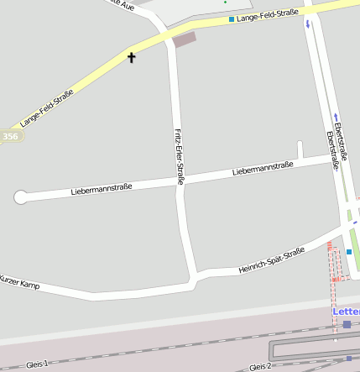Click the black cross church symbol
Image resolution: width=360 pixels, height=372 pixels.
[131, 57]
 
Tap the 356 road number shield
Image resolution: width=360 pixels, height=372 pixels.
[9, 136]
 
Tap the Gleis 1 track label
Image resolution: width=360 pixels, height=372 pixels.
[38, 364]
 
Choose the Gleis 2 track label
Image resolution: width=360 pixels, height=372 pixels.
[260, 367]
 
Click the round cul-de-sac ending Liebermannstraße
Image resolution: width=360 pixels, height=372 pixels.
[20, 197]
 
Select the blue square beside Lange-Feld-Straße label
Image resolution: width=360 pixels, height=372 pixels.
[232, 18]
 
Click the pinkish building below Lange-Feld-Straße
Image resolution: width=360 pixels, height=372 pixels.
[184, 39]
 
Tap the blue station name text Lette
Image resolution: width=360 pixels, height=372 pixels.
[347, 312]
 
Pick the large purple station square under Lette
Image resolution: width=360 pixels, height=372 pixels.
[347, 324]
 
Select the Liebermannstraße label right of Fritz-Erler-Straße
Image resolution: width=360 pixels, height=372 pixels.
[263, 168]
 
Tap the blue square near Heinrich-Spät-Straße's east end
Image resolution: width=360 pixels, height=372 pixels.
[349, 251]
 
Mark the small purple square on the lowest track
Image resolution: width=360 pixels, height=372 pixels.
[349, 359]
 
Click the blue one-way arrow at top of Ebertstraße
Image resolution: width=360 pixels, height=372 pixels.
[307, 24]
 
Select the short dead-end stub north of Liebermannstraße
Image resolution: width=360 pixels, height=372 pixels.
[300, 149]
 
